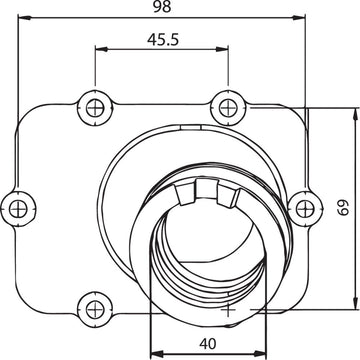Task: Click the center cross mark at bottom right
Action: [230, 310]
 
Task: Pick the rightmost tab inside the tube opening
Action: [234, 199]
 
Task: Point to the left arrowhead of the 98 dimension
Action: [27, 18]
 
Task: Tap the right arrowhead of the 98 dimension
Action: [300, 18]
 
